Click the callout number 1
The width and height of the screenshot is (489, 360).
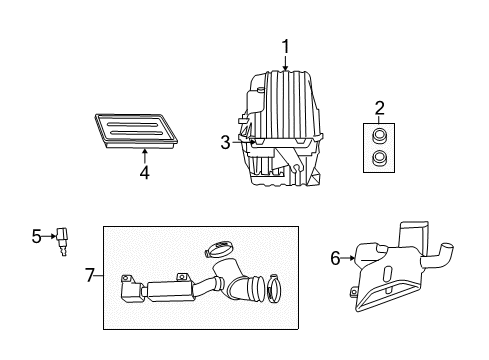click(285, 45)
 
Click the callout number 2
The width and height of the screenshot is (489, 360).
click(379, 107)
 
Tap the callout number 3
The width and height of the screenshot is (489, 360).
click(227, 143)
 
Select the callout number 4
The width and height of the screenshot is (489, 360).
click(144, 172)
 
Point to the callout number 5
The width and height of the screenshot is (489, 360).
click(37, 236)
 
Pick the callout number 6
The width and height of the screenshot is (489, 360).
click(336, 259)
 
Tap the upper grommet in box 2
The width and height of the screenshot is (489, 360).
click(380, 136)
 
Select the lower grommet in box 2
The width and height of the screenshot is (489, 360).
click(380, 158)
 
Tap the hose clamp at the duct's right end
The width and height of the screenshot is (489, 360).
click(275, 293)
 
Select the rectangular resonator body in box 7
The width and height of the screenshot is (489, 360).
click(171, 290)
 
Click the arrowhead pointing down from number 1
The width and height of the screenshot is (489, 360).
click(285, 69)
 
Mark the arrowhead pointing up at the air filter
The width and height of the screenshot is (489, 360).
click(144, 151)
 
